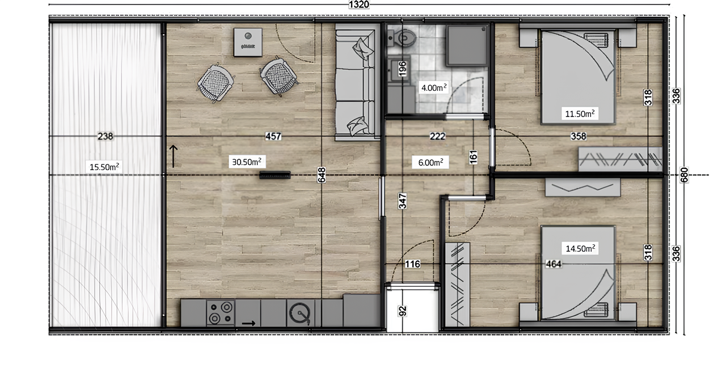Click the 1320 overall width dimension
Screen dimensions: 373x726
(359, 5)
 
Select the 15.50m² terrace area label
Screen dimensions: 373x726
(104, 167)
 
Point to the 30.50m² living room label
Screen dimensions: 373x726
(246, 162)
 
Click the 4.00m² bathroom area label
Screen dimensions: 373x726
(433, 88)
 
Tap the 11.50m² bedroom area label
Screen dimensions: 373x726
(579, 113)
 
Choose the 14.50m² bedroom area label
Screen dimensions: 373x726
(579, 248)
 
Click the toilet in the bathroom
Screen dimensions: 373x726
(404, 37)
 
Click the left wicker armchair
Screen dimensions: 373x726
(215, 82)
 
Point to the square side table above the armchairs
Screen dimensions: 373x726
(248, 42)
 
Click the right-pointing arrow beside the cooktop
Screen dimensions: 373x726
(248, 324)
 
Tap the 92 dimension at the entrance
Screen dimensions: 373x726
(402, 311)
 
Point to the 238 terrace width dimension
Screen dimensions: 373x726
(105, 136)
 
